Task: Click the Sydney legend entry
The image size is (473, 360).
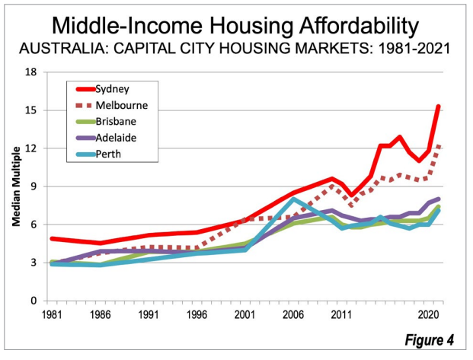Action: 111,89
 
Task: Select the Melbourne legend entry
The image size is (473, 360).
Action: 121,104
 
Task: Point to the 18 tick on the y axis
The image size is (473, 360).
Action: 31,72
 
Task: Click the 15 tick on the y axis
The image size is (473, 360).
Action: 31,110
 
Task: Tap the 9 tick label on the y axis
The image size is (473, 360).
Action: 34,186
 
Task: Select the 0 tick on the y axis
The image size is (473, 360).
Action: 34,301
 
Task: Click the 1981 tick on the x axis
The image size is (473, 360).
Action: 53,313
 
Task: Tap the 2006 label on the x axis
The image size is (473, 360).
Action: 293,313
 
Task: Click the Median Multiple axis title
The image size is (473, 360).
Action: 14,186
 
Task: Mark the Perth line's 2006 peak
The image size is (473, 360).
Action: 293,199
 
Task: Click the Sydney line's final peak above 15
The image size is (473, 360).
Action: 439,106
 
